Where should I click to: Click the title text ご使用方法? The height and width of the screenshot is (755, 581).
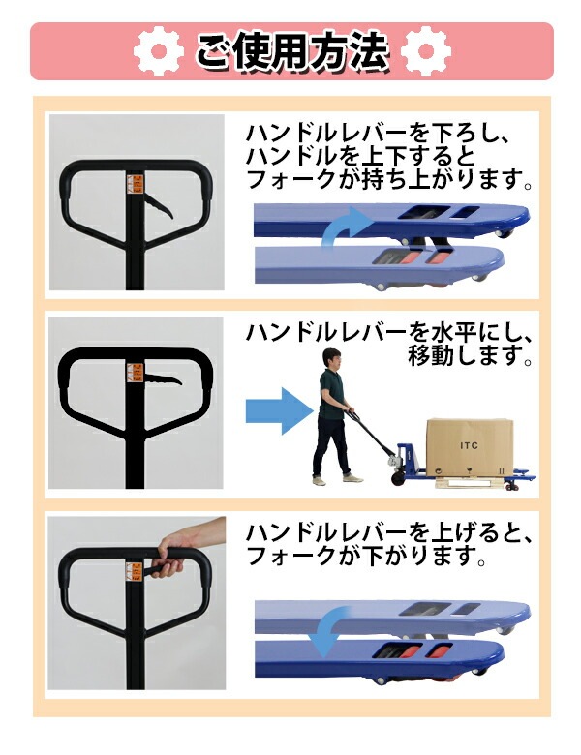point(291,50)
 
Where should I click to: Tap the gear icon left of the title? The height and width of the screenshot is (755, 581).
point(157,50)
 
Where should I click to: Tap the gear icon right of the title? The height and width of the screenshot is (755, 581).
point(422,50)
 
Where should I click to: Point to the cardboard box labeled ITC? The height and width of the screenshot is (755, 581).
point(469,445)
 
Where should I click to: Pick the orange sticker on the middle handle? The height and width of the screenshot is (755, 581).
point(136,372)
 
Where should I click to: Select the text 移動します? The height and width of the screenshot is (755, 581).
point(471,359)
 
